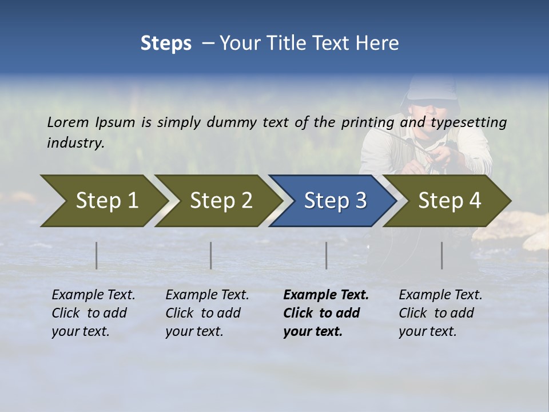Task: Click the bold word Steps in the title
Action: pos(166,43)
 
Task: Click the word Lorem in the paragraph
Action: pos(67,122)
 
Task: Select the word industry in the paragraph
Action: pos(75,142)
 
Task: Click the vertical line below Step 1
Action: pos(97,255)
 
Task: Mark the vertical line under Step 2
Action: pos(211,255)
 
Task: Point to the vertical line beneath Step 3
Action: pos(327,255)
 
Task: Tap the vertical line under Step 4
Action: pos(442,255)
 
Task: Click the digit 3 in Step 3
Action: pos(360,201)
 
